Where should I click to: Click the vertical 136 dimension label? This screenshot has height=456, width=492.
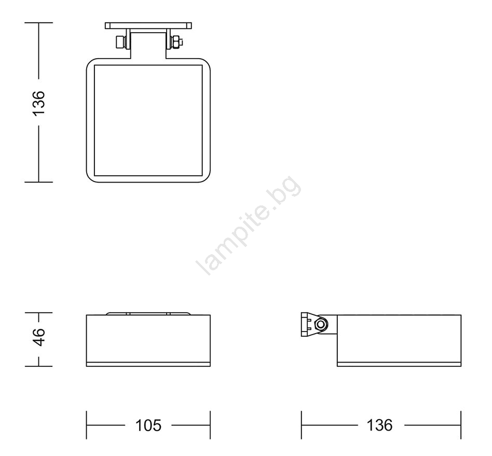39,103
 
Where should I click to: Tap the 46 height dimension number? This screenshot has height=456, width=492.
39,337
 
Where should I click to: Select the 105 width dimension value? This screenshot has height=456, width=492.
148,425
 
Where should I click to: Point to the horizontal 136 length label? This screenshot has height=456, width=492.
380,425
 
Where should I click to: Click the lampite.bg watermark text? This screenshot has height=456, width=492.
248,225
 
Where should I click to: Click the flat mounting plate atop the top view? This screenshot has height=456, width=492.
148,26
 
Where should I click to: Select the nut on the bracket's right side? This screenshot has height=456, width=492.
176,43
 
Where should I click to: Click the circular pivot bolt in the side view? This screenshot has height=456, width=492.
321,324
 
